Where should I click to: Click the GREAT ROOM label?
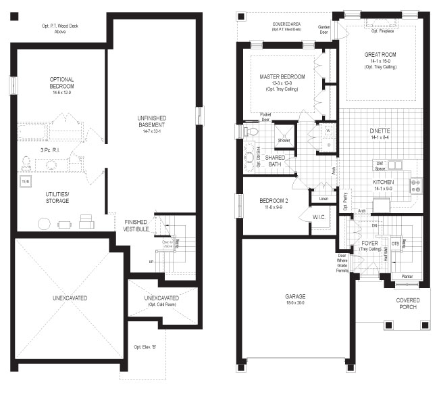coord(380,55)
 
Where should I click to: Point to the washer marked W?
coord(328,130)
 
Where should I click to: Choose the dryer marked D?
coord(328,144)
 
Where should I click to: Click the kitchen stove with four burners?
coord(416,184)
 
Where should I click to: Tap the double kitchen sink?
coord(394,164)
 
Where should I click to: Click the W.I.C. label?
coord(320,217)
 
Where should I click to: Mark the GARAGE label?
coord(294,297)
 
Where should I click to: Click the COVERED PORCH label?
coord(408,304)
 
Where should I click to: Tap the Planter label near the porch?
coord(407,277)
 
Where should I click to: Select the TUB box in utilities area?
coord(26,182)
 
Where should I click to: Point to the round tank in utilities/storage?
coord(44,223)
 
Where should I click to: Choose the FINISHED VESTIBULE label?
coord(136,225)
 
